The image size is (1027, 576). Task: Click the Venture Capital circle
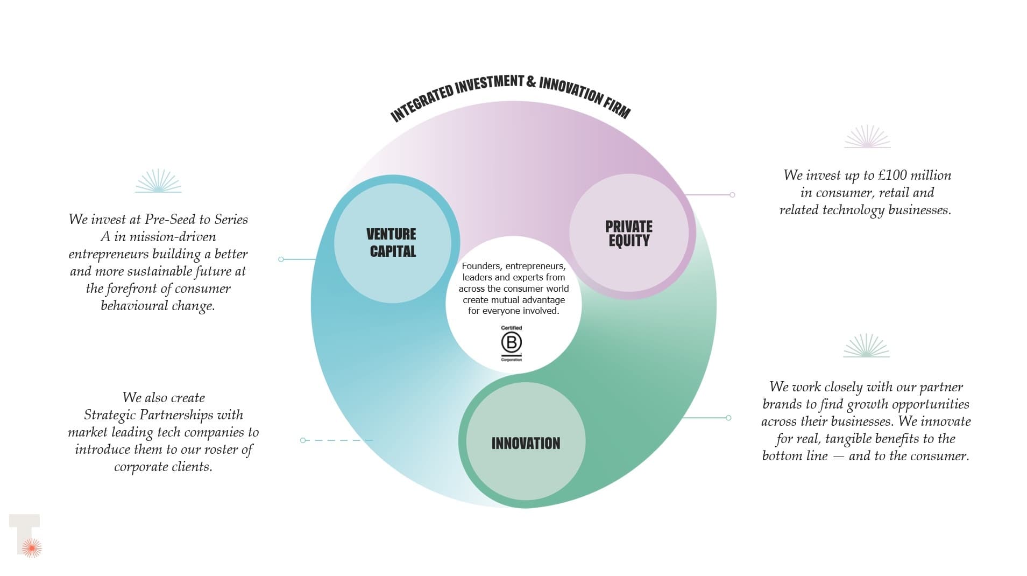click(392, 243)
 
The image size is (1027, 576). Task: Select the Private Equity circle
click(628, 233)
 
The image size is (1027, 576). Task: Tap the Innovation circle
click(526, 443)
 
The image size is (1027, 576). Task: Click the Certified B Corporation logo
click(512, 343)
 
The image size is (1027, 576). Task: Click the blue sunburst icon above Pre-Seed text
click(158, 181)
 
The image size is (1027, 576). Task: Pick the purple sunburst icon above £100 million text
click(867, 137)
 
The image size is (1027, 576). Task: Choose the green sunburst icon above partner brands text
click(866, 346)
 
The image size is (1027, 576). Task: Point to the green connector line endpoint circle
click(728, 418)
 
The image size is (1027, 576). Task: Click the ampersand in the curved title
click(531, 82)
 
